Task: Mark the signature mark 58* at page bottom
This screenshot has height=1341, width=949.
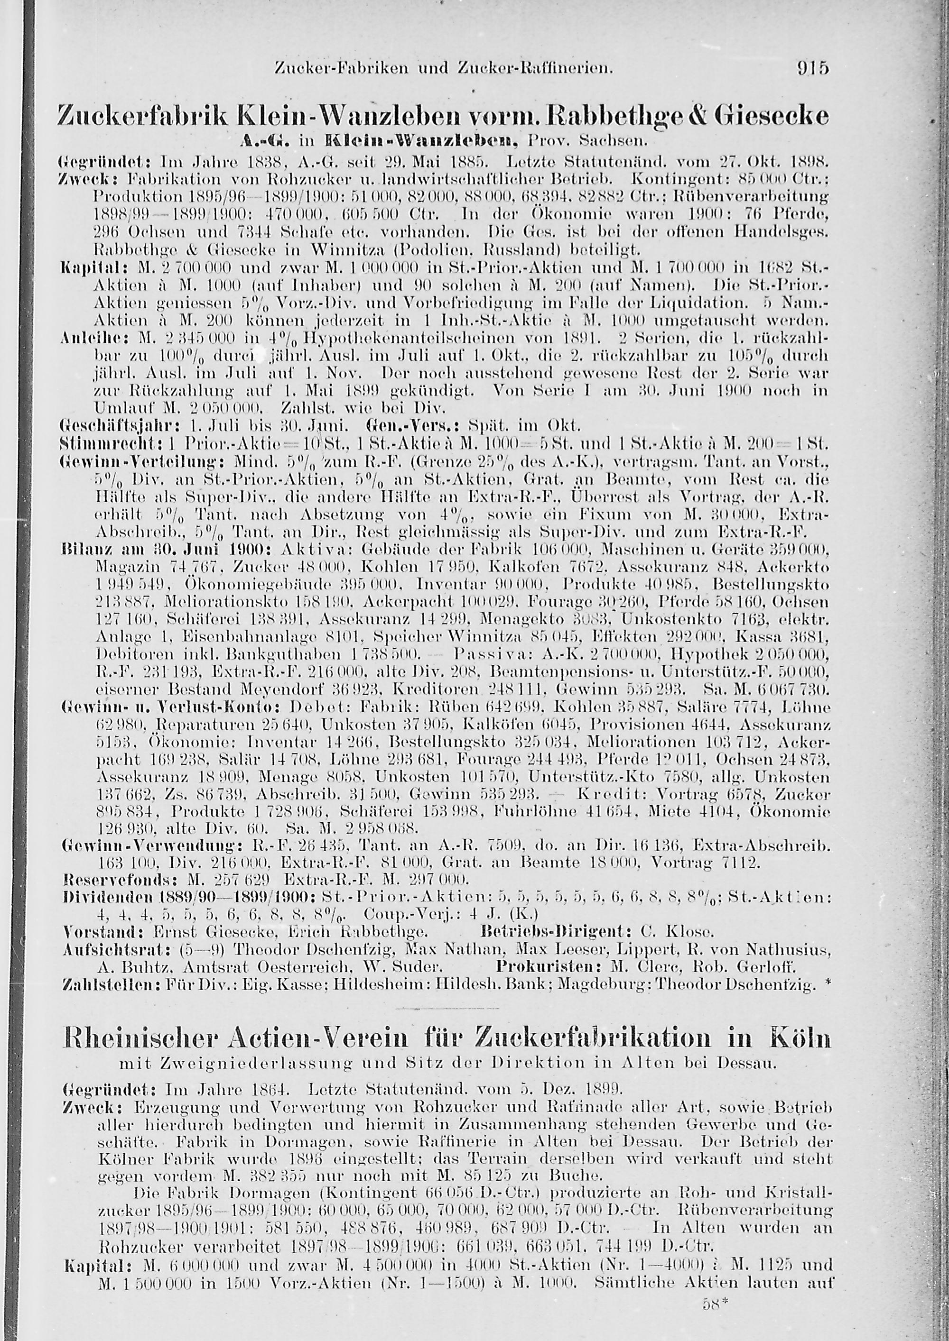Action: pos(712,1318)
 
